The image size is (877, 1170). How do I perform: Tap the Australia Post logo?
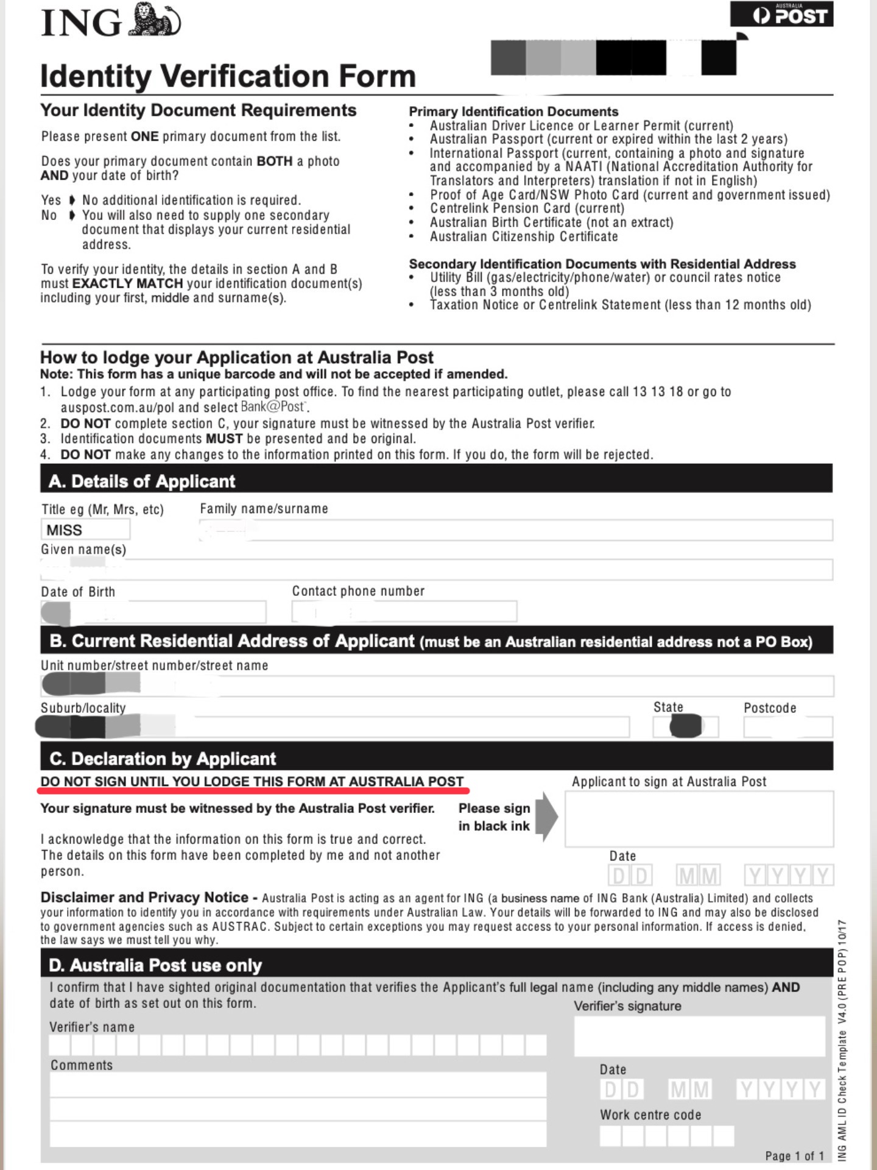[781, 15]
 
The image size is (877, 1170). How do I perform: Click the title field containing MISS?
[85, 530]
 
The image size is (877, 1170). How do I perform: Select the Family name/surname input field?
[515, 530]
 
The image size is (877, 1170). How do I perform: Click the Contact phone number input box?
[404, 611]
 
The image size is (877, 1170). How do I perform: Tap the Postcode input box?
[787, 727]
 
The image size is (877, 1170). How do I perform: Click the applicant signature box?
[699, 819]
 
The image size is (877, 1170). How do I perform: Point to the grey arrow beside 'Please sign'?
[546, 817]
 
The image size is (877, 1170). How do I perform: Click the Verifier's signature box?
[700, 1037]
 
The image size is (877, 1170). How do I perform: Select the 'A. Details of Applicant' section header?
[142, 481]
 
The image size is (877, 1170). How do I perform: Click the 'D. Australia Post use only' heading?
[155, 965]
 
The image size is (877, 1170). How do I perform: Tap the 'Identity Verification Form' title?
[228, 76]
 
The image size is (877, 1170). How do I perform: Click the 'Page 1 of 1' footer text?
[794, 1155]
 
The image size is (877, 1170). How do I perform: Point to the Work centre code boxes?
[666, 1136]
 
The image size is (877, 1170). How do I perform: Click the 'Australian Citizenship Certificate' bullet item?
[524, 236]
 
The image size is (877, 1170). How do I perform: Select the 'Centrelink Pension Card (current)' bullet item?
[527, 208]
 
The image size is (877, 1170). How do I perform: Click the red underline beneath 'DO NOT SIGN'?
[253, 790]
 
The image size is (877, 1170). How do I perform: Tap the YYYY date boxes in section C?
[789, 876]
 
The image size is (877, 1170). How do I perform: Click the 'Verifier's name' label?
[92, 1027]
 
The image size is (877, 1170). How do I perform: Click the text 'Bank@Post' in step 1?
[272, 406]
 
